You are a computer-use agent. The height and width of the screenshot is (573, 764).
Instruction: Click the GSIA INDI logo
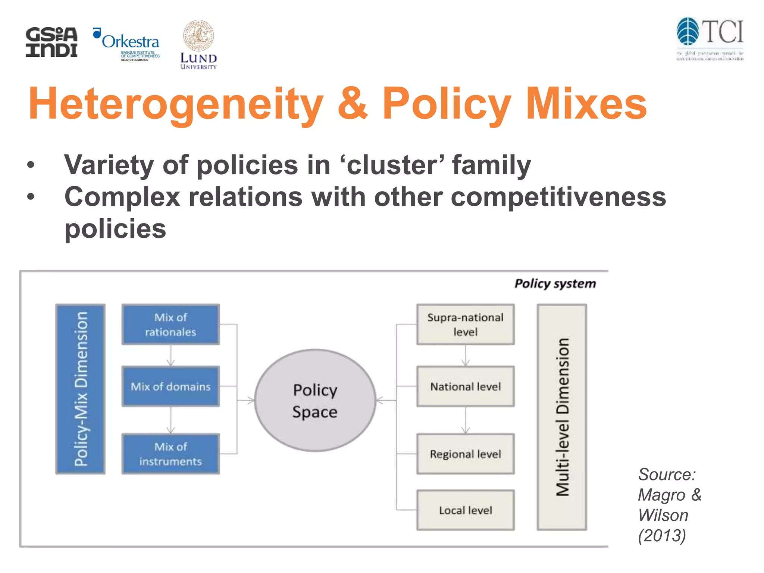pos(51,42)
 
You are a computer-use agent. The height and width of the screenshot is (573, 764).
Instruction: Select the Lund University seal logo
pos(198,45)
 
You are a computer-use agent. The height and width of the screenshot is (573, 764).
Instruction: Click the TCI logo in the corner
pos(710,38)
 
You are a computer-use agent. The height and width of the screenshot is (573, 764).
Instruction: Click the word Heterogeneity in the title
pos(176,104)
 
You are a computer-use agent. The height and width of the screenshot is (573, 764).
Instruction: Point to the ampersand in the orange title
pos(353,103)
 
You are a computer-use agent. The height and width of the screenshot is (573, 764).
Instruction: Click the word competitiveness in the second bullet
pos(558,197)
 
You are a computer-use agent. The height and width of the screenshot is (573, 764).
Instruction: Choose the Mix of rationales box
pos(170,324)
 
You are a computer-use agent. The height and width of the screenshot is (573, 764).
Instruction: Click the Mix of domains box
pos(170,386)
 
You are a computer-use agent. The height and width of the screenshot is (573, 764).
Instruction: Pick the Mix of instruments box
pos(170,454)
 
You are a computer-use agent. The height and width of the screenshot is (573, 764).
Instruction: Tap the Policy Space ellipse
pos(315,401)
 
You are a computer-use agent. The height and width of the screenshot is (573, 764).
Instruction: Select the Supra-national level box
pos(465,324)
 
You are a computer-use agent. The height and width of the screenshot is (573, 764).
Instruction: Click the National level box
pos(465,386)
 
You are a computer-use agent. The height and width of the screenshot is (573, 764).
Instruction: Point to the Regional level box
pos(465,454)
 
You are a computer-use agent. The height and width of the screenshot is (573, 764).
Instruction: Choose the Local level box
pos(465,510)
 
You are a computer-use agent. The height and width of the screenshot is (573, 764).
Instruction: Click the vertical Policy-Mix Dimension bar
pos(81,389)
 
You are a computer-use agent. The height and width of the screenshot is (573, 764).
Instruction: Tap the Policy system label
pos(555,284)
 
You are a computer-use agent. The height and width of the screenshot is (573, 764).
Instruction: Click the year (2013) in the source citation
pos(662,536)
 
